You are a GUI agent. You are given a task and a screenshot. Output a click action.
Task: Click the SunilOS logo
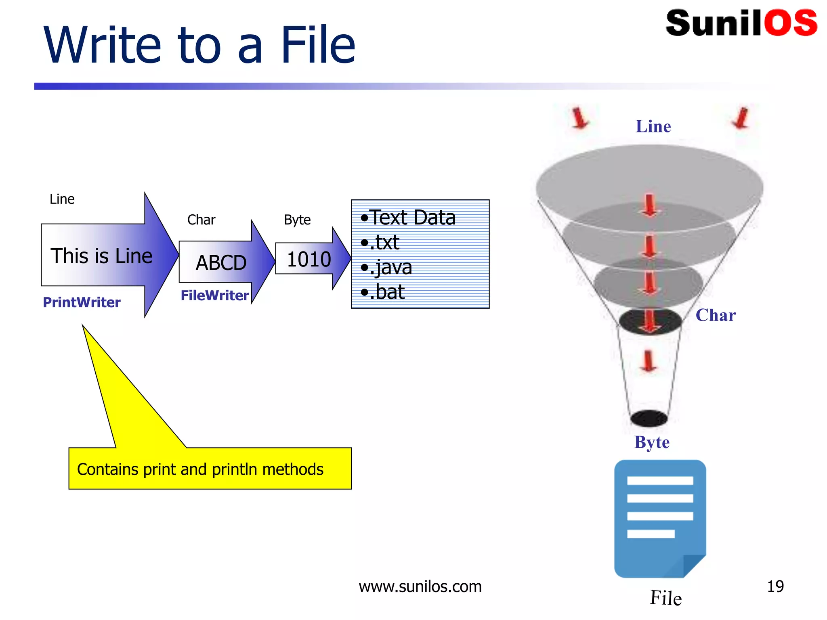point(741,23)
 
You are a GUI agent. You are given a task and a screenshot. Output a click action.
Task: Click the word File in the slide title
point(317,45)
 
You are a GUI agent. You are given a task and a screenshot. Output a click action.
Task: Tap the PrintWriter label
point(82,302)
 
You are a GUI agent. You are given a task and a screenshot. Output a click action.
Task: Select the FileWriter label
point(214,295)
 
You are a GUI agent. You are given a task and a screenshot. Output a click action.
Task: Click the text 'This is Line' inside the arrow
point(101,256)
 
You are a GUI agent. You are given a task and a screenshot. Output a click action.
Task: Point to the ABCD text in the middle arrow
point(221,263)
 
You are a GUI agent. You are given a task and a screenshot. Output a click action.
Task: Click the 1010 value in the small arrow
point(309,259)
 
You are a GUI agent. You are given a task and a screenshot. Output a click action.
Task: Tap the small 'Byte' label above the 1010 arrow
point(297,220)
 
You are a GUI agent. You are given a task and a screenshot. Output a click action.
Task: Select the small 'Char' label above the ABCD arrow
point(201,220)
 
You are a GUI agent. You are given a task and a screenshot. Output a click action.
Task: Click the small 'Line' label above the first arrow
point(62,199)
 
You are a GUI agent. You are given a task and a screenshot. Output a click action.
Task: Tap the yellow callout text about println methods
point(200,469)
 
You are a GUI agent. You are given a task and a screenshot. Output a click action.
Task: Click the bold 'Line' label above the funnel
point(653,126)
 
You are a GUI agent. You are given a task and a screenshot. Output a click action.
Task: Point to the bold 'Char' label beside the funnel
point(716,315)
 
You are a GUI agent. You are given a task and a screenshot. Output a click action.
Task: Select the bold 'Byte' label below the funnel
point(652,442)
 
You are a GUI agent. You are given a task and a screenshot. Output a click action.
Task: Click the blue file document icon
point(660,519)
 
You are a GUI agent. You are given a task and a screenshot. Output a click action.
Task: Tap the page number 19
point(775,586)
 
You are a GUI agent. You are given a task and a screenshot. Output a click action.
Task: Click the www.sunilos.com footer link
point(420,586)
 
